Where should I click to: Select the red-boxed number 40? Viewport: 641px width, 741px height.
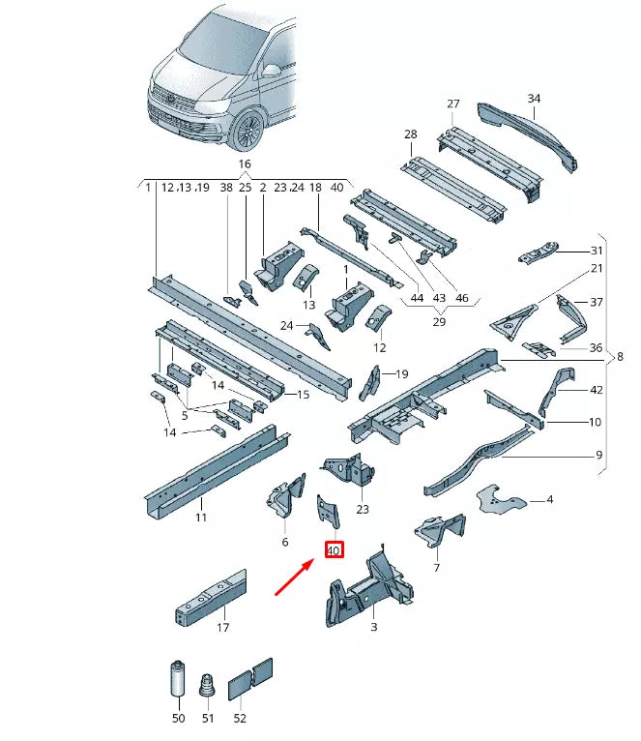335,551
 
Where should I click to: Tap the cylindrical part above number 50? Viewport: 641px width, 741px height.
177,676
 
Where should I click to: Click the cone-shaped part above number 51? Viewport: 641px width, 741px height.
205,684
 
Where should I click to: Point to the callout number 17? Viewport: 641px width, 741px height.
223,627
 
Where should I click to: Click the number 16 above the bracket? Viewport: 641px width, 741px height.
245,164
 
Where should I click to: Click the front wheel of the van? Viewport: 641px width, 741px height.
248,132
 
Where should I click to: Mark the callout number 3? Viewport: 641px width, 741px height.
374,627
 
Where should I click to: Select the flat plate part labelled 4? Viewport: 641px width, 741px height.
501,500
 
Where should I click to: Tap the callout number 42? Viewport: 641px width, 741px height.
596,390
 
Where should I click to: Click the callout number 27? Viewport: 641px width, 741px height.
452,104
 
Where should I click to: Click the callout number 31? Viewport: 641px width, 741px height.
596,250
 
